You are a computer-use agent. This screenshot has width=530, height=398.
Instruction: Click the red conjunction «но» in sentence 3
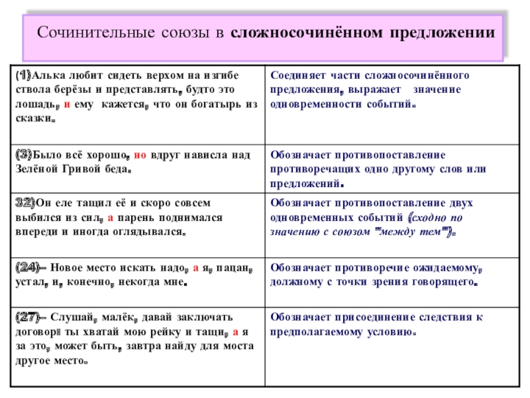(140, 155)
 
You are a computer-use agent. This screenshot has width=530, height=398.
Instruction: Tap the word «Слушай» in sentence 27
(67, 318)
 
